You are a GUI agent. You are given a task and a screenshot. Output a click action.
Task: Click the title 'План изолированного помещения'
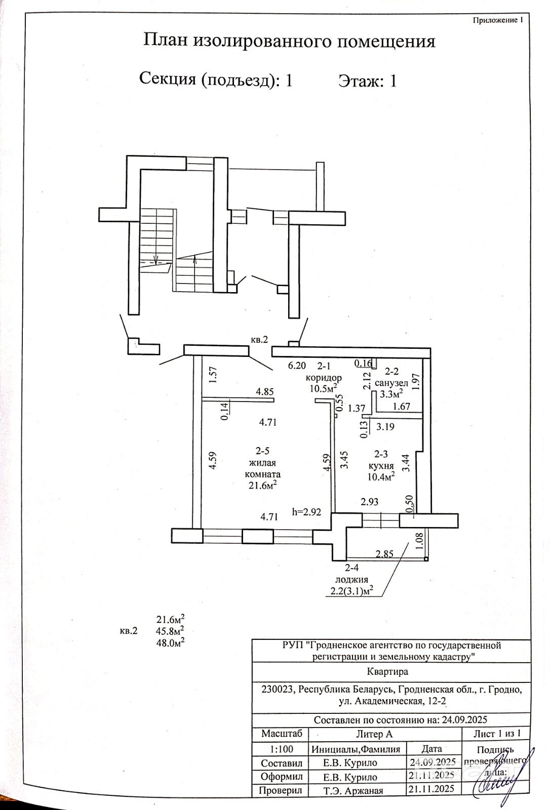tap(289, 41)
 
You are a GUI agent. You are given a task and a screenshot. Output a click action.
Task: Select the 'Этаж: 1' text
tap(367, 81)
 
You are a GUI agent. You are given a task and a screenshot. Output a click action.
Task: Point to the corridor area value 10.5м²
tap(324, 388)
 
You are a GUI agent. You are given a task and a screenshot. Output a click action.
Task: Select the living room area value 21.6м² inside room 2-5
tap(262, 485)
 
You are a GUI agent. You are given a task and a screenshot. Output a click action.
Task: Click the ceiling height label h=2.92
tap(307, 512)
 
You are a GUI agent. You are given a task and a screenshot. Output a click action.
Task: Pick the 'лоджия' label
tap(349, 580)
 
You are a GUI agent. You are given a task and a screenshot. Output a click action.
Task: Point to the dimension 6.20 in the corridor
tap(297, 365)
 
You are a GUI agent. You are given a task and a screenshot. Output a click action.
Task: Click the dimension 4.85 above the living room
tap(265, 391)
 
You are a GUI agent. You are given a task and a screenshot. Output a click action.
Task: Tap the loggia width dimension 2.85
tap(384, 554)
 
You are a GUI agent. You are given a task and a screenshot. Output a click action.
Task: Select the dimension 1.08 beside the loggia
tap(419, 541)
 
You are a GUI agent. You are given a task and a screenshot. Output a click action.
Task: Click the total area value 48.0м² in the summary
tap(170, 642)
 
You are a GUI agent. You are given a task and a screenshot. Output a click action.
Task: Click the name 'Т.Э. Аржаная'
tap(353, 790)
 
